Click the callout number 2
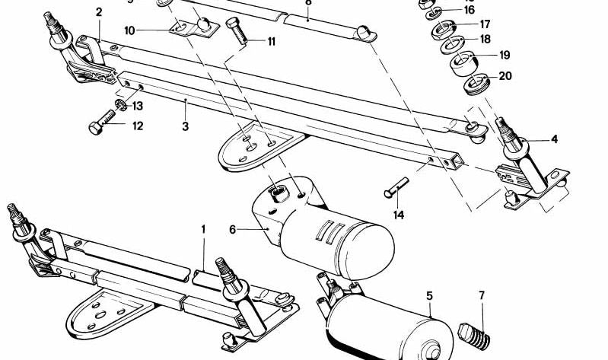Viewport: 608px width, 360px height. pyautogui.click(x=98, y=11)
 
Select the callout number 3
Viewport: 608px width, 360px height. pyautogui.click(x=185, y=126)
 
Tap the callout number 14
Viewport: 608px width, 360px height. pyautogui.click(x=399, y=215)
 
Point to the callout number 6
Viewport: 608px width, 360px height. pyautogui.click(x=233, y=228)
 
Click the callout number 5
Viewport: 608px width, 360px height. pyautogui.click(x=429, y=295)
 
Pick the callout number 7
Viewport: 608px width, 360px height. pyautogui.click(x=481, y=295)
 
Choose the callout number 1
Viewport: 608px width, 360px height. pyautogui.click(x=203, y=228)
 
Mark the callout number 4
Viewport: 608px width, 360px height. pyautogui.click(x=554, y=139)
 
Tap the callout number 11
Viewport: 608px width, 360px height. pyautogui.click(x=271, y=41)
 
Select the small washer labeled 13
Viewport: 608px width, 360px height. pyautogui.click(x=119, y=104)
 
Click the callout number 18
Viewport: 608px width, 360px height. pyautogui.click(x=484, y=40)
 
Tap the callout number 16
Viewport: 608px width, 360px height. pyautogui.click(x=469, y=10)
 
